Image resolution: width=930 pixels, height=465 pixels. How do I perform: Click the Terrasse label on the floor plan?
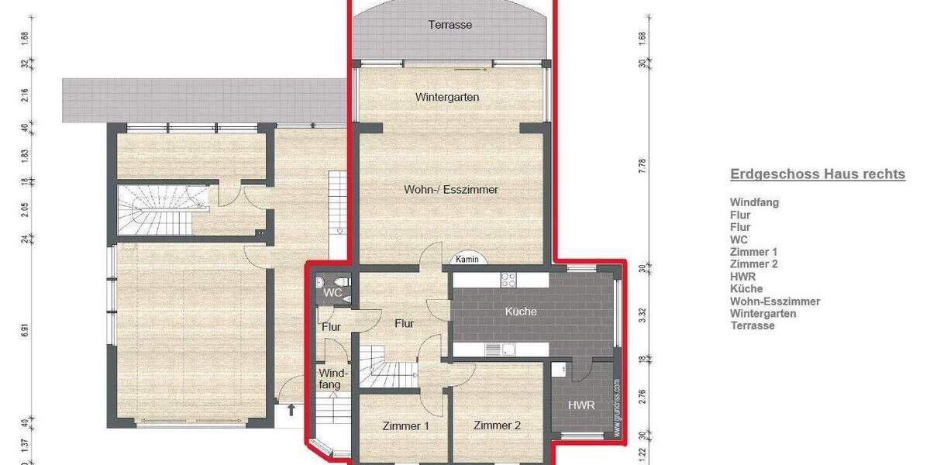(x=450, y=25)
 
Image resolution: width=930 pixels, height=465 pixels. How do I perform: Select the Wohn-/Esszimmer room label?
(x=450, y=189)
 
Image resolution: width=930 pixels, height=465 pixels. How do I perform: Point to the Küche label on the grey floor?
(x=521, y=312)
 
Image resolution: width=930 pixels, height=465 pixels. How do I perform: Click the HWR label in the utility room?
(x=581, y=405)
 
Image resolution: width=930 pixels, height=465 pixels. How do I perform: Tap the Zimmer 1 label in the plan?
(x=405, y=425)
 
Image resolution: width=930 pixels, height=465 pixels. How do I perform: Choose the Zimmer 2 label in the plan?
(x=497, y=425)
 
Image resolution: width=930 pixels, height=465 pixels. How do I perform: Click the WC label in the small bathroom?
(x=332, y=293)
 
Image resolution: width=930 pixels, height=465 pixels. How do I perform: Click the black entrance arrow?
(x=291, y=410)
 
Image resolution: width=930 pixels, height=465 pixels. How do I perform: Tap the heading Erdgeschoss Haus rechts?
(x=817, y=174)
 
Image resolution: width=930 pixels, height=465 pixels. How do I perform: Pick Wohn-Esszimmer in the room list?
(x=774, y=301)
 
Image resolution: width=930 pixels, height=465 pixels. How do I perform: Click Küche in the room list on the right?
(x=746, y=289)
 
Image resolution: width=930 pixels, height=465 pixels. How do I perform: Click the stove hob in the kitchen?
(x=509, y=280)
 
